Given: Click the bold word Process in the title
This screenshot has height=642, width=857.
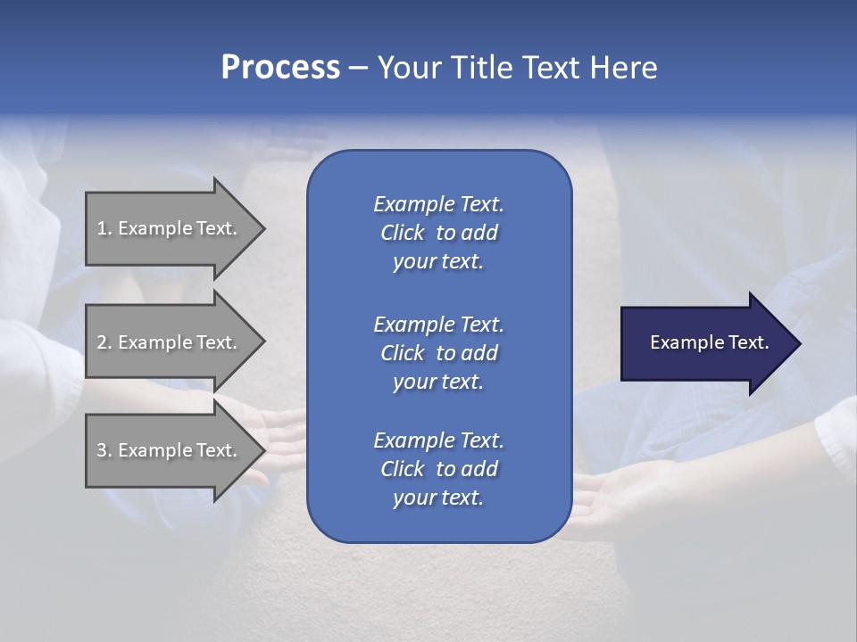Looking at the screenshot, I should click(x=280, y=68).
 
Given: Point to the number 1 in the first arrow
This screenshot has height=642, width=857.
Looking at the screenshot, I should click(x=102, y=228).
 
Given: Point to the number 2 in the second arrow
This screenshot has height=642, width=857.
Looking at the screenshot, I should click(x=102, y=342).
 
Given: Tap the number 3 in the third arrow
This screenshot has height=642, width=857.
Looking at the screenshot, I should click(x=102, y=450).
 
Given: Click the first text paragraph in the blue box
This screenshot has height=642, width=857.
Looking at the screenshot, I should click(x=438, y=233).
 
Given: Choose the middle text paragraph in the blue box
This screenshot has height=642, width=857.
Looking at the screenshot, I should click(x=438, y=353).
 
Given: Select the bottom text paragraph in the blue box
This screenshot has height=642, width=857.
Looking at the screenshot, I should click(x=438, y=469).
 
